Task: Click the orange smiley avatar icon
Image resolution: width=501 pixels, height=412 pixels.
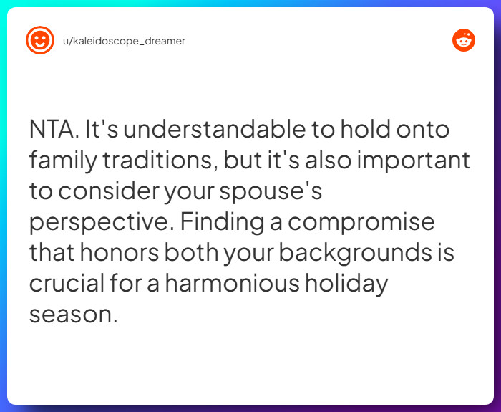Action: pyautogui.click(x=40, y=40)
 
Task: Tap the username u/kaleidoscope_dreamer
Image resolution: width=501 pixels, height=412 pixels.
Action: pyautogui.click(x=124, y=41)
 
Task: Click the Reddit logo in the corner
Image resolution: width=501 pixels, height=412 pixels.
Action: pyautogui.click(x=464, y=40)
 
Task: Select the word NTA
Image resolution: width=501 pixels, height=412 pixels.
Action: pyautogui.click(x=54, y=130)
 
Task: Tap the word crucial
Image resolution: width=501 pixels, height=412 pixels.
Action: pyautogui.click(x=66, y=283)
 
